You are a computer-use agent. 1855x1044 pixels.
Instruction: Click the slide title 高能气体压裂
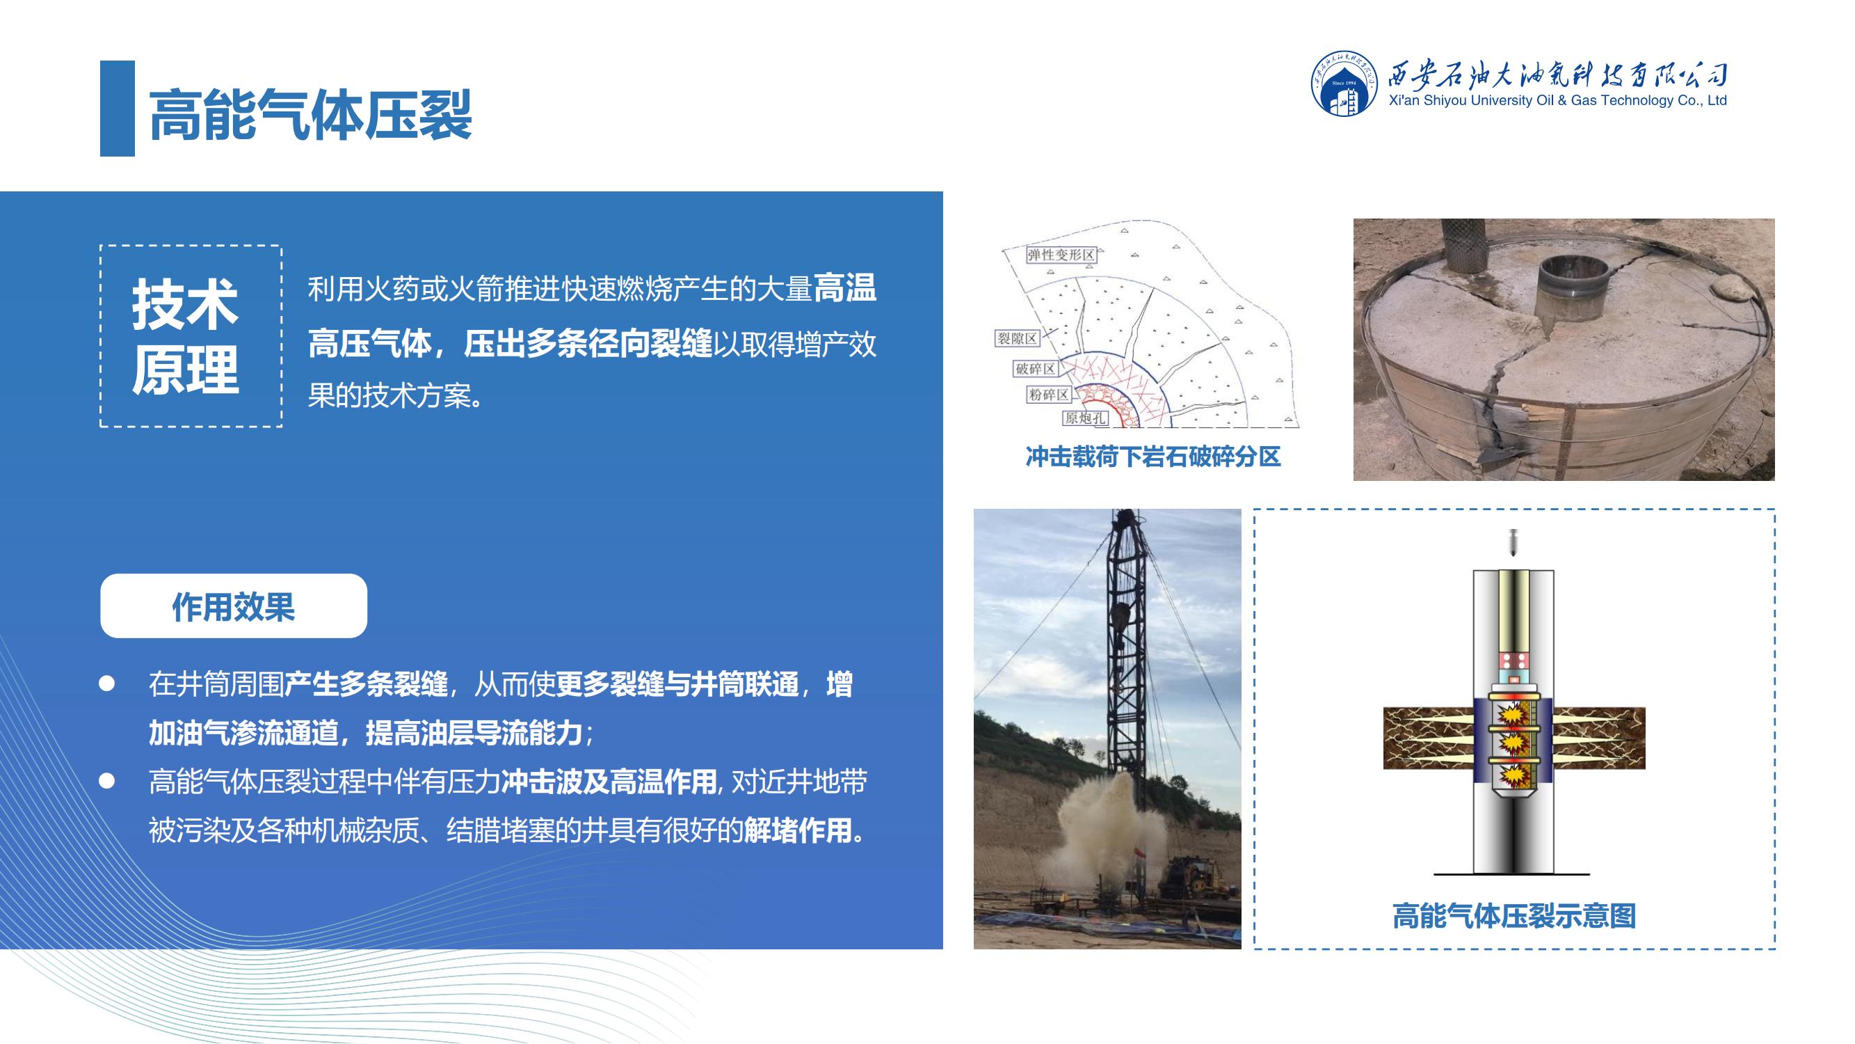pyautogui.click(x=310, y=114)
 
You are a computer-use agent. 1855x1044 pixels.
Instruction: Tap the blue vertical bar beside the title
pyautogui.click(x=118, y=108)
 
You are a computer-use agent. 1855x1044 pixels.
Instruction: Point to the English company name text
pyautogui.click(x=1557, y=101)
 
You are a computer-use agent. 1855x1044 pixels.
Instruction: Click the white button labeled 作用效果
pyautogui.click(x=233, y=606)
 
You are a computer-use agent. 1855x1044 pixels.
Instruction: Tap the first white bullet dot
pyautogui.click(x=106, y=683)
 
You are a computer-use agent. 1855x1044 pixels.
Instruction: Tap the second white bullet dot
pyautogui.click(x=106, y=781)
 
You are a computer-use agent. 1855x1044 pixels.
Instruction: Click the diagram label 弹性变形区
pyautogui.click(x=1061, y=255)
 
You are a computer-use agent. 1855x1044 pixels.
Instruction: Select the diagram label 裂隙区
pyautogui.click(x=1017, y=339)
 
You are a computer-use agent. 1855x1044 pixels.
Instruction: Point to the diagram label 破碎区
pyautogui.click(x=1036, y=369)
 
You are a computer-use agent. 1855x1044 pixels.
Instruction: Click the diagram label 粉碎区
pyautogui.click(x=1048, y=395)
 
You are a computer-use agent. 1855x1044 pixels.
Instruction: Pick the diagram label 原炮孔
pyautogui.click(x=1084, y=418)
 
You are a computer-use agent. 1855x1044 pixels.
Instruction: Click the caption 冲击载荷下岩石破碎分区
pyautogui.click(x=1153, y=457)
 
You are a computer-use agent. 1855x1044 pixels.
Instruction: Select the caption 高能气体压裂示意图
pyautogui.click(x=1514, y=916)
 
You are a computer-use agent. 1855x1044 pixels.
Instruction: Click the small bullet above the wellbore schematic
pyautogui.click(x=1513, y=541)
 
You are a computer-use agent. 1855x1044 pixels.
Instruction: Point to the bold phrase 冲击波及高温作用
pyautogui.click(x=609, y=782)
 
